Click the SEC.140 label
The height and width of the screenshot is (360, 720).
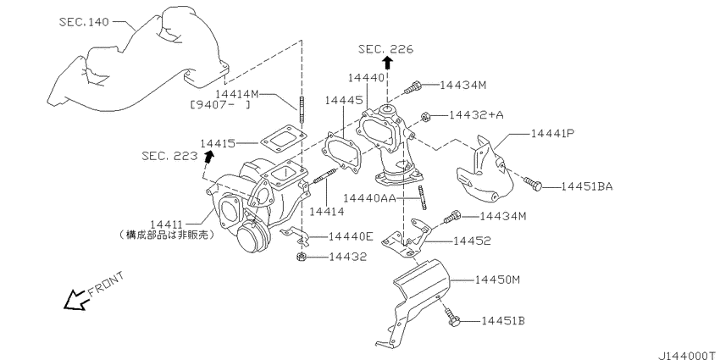[x=85, y=22]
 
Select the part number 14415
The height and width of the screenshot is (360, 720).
[x=219, y=143]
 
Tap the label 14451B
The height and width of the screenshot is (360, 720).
[x=504, y=321]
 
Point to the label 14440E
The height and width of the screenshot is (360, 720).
[x=351, y=235]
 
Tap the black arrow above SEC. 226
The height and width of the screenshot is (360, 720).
[x=387, y=64]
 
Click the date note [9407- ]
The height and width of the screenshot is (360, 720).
[x=219, y=105]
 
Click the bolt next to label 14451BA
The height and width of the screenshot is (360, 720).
[x=531, y=183]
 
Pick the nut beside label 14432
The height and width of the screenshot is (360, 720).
[x=301, y=257]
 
